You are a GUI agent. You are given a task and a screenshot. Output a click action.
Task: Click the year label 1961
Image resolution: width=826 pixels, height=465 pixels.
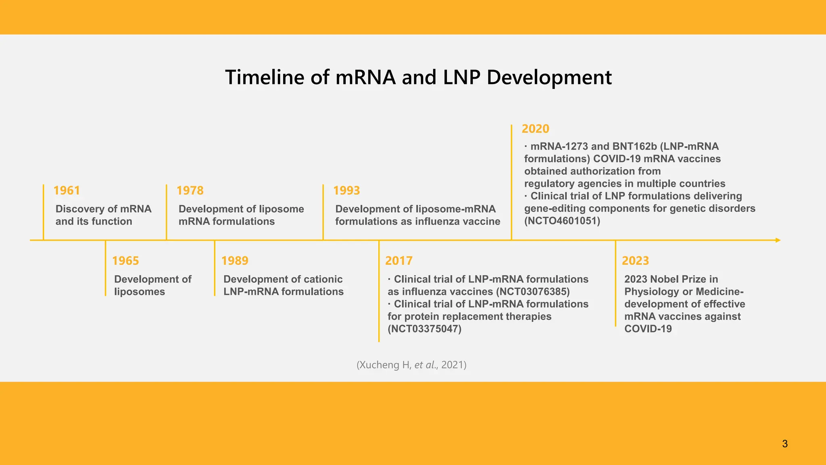pos(67,191)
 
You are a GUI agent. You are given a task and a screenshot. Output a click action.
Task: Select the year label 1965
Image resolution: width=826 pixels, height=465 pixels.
pos(125,261)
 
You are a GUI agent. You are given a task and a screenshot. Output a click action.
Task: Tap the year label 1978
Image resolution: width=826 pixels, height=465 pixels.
pos(190,191)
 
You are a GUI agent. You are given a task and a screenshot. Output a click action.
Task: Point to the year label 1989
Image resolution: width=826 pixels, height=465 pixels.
pos(235,261)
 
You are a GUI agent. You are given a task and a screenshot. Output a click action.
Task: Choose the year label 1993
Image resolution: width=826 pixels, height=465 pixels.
pos(346,191)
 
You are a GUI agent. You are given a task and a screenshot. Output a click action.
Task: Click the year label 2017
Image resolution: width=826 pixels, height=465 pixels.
pos(398,261)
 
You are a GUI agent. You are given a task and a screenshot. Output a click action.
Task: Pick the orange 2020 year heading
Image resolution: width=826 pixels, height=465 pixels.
pos(535,129)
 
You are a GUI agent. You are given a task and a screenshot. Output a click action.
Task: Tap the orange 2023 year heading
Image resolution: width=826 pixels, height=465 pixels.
pos(635,261)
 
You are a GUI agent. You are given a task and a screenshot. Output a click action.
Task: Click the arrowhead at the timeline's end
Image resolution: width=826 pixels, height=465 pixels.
pos(778,240)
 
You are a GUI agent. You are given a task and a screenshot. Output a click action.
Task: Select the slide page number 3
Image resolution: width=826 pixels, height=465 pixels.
pos(785,444)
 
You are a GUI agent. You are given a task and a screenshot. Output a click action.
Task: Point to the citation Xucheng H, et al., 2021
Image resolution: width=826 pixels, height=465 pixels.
pos(411,365)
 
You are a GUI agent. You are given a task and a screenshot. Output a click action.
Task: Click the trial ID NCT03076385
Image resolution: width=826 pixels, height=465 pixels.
pos(533,292)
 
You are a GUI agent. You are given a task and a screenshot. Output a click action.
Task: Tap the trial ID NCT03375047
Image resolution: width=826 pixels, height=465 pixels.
pos(424,329)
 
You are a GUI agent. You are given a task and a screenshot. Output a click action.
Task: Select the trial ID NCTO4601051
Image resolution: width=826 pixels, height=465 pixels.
pos(562,221)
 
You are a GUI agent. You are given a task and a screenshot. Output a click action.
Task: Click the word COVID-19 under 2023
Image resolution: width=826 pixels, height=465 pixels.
pos(648,329)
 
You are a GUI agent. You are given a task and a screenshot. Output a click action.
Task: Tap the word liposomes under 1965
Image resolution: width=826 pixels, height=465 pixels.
pos(140,292)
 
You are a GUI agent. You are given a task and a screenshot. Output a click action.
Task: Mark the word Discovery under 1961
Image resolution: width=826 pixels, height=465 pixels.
pos(80,209)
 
